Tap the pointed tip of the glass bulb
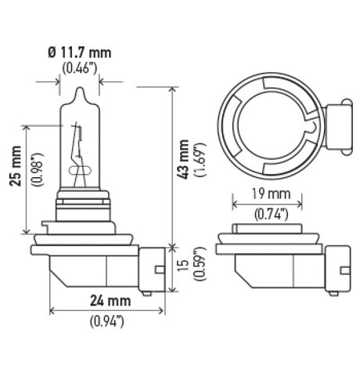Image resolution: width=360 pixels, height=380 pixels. [x=81, y=90]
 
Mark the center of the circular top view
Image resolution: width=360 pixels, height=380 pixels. [x=271, y=121]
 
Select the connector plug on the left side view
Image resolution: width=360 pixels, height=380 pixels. [x=153, y=269]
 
